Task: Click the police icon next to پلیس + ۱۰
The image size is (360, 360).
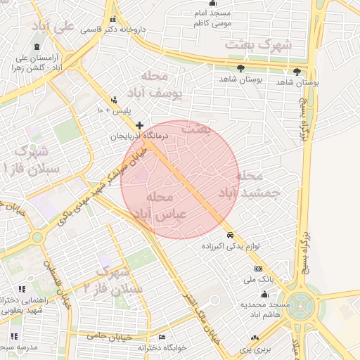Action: (114, 100)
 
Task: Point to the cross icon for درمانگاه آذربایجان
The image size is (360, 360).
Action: (139, 125)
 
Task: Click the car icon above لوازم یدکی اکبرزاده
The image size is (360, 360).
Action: (230, 235)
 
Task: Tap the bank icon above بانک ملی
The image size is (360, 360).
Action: (258, 269)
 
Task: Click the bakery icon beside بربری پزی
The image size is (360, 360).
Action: (254, 338)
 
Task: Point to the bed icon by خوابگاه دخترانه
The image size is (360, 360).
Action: (162, 337)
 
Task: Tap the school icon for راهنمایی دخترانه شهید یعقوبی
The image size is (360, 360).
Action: (22, 289)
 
